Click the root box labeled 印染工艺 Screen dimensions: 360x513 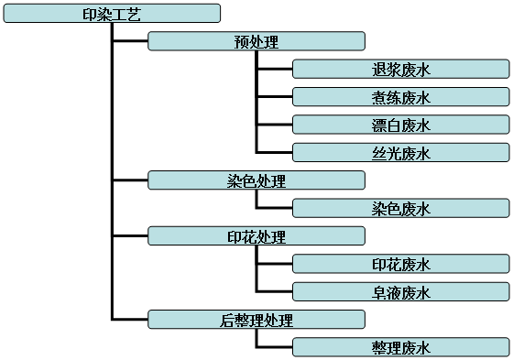point(111,14)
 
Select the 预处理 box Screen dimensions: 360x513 point(256,41)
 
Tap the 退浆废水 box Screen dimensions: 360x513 point(401,70)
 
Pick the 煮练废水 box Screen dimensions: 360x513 point(401,97)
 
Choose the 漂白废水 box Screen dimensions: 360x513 point(401,125)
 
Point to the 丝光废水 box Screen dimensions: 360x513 point(401,153)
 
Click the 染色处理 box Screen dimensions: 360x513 point(256,180)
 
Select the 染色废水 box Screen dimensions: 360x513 point(401,208)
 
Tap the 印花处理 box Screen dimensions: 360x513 point(256,236)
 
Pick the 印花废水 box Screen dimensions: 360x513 point(401,264)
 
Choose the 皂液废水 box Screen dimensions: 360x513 point(401,292)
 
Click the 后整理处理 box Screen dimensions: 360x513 point(256,320)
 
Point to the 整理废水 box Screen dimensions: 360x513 point(401,347)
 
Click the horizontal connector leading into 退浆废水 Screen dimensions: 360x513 point(275,70)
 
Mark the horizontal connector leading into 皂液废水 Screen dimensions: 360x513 point(275,292)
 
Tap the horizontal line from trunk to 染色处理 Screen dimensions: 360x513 point(130,180)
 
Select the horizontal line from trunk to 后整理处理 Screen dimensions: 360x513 point(130,320)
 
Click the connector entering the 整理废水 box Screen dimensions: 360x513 point(275,347)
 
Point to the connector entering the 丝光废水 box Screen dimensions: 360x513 point(275,153)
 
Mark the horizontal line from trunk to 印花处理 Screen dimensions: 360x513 point(130,236)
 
